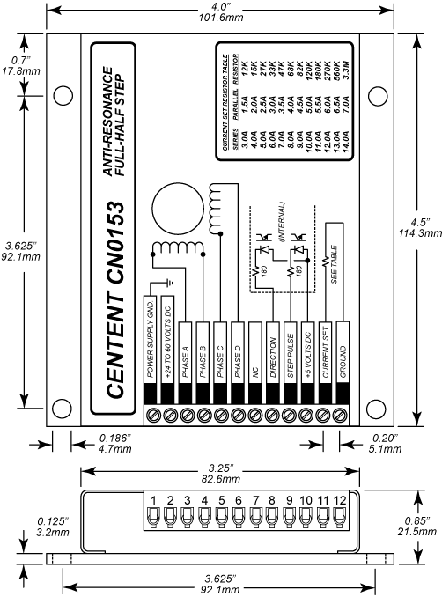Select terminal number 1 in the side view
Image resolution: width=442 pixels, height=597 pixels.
pos(153,502)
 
